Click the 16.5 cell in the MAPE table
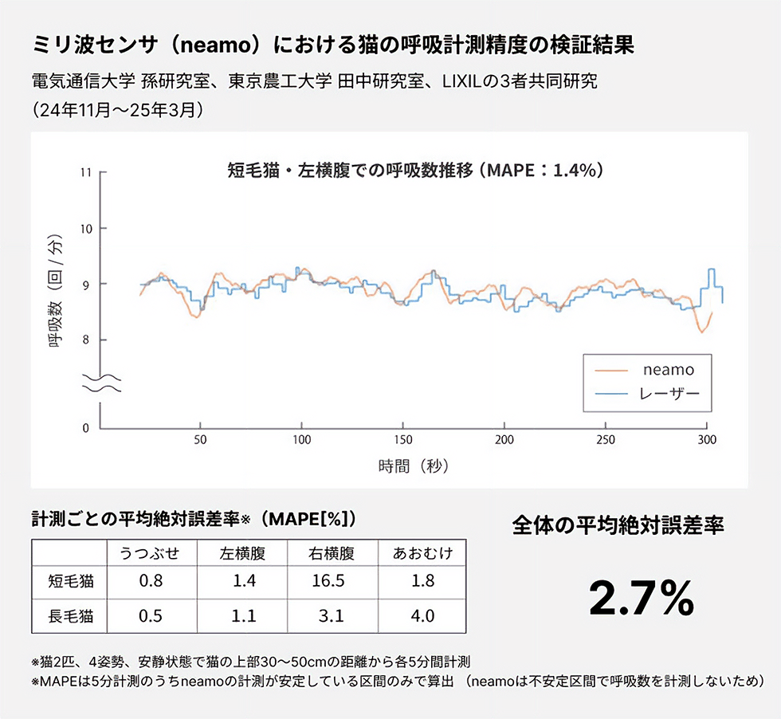[329, 580]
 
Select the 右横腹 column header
[329, 553]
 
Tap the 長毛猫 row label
[71, 615]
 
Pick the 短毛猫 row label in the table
[71, 580]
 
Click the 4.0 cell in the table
[422, 615]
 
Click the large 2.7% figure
[641, 598]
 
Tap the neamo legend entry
[668, 370]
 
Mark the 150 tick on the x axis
[402, 439]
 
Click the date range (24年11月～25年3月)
[119, 108]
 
